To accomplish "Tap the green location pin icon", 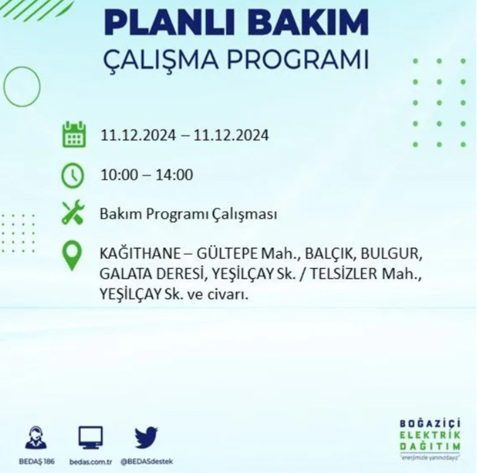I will [72, 257].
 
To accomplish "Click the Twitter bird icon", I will [147, 437].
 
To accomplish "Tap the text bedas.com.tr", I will [90, 461].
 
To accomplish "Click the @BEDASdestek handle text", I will [147, 461].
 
